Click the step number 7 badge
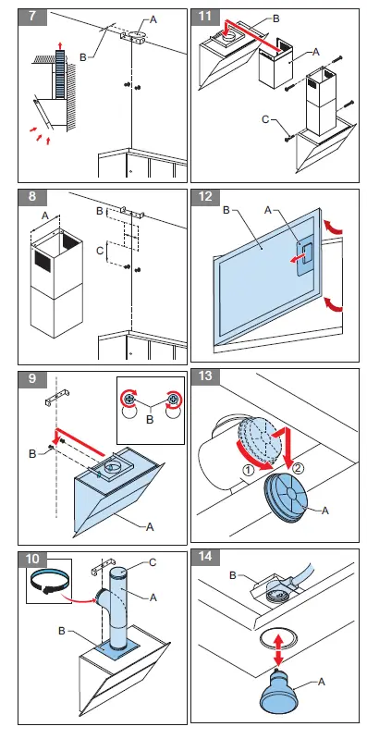pos(32,17)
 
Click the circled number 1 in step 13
pos(248,470)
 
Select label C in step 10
pos(153,562)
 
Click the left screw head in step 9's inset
pos(129,399)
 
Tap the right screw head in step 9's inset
pos(174,399)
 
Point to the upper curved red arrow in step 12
pos(333,228)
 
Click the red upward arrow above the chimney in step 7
pos(60,44)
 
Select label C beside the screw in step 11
pos(265,119)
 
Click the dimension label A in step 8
pos(45,214)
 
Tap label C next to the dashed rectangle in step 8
pos(100,251)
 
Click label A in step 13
pos(324,511)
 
